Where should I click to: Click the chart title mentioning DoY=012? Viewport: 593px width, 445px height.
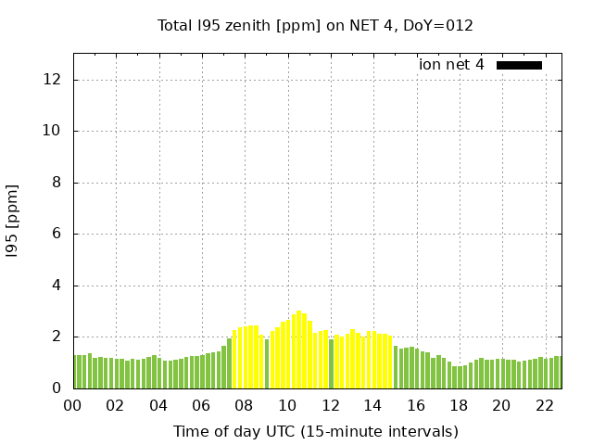click(315, 25)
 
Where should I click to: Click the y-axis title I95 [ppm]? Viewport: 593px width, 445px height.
click(13, 221)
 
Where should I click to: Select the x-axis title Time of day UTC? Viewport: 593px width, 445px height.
click(315, 431)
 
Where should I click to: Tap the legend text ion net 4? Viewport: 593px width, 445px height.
click(451, 65)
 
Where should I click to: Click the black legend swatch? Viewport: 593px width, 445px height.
click(519, 65)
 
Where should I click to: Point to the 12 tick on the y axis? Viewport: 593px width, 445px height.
click(53, 80)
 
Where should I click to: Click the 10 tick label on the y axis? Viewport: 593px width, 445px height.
click(53, 131)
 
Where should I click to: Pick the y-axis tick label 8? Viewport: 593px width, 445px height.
click(57, 183)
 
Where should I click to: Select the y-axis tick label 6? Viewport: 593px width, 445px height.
click(57, 234)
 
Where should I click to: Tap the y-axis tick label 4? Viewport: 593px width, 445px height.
click(57, 286)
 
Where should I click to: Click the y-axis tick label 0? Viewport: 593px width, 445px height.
click(57, 388)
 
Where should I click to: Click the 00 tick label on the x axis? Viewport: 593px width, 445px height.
click(73, 405)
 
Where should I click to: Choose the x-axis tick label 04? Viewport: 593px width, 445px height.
click(158, 405)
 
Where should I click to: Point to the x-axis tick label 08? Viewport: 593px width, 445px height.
click(245, 405)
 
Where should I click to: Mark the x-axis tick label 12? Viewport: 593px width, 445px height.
click(331, 405)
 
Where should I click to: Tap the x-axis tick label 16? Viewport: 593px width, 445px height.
click(416, 405)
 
